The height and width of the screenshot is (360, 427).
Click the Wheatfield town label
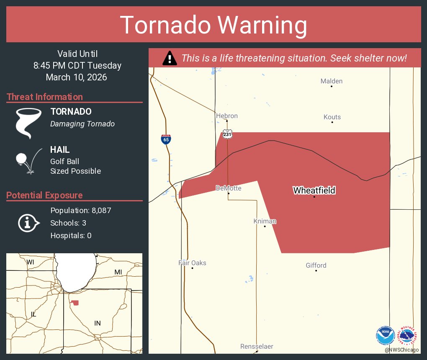coord(314,190)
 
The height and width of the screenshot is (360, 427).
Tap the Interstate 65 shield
coord(166,139)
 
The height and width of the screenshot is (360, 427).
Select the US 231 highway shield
coord(227,134)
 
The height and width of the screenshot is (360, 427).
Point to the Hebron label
coord(227,116)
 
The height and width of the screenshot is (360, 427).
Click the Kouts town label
coord(332,117)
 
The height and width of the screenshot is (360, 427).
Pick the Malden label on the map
coord(331,81)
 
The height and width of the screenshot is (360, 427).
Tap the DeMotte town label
coord(229,188)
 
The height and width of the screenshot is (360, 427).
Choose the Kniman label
coord(265,221)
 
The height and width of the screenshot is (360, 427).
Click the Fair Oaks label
coord(192,263)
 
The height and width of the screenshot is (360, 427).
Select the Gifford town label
coord(316,265)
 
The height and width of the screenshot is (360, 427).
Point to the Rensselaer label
coord(257,347)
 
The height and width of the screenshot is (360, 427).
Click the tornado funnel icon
coord(28,123)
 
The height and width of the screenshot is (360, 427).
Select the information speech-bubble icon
coord(28,223)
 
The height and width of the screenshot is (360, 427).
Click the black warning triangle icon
coord(169,58)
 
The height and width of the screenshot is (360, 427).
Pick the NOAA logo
coord(385,335)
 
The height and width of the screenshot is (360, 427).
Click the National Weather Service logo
coord(407,335)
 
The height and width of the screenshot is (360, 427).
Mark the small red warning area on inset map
coord(75,303)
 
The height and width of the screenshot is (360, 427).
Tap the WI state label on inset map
coord(31,262)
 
